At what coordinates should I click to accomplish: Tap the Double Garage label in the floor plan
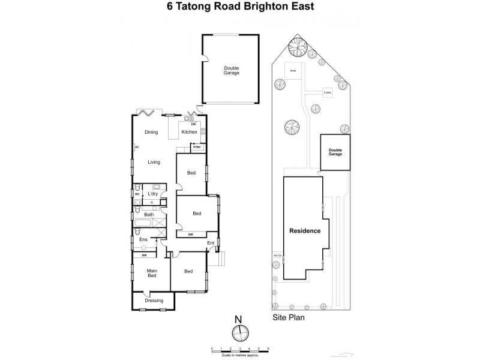[x=232, y=70]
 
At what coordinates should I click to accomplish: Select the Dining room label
[x=151, y=132]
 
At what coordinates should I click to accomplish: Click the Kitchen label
[x=189, y=132]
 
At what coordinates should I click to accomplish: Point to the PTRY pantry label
[x=196, y=146]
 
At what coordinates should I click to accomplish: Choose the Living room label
[x=154, y=162]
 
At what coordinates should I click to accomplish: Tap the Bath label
[x=149, y=214]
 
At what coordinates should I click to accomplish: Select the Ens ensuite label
[x=143, y=240]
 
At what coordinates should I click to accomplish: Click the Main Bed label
[x=152, y=273]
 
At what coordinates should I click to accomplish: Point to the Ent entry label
[x=211, y=243]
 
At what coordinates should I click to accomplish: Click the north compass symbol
[x=239, y=332]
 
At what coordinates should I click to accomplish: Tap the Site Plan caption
[x=286, y=319]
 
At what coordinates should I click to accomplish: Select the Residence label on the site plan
[x=305, y=231]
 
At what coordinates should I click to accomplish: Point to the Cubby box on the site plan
[x=328, y=92]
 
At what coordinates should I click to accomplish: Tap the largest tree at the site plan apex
[x=296, y=46]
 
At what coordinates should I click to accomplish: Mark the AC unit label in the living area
[x=137, y=147]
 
